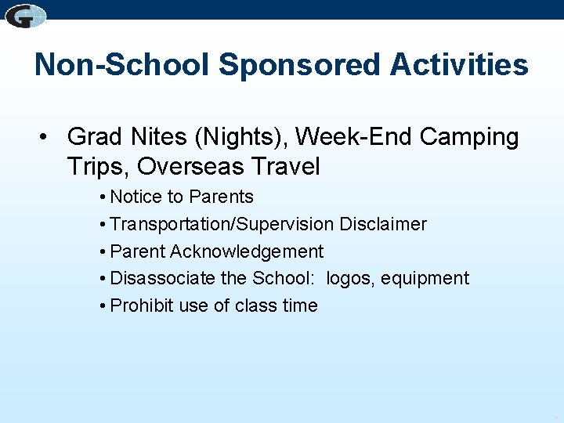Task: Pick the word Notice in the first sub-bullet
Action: pos(136,197)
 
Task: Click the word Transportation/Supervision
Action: pos(222,224)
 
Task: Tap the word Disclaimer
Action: pos(383,224)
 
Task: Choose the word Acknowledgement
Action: pos(247,251)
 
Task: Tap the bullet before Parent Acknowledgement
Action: pos(103,252)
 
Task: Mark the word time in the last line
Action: pos(299,305)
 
